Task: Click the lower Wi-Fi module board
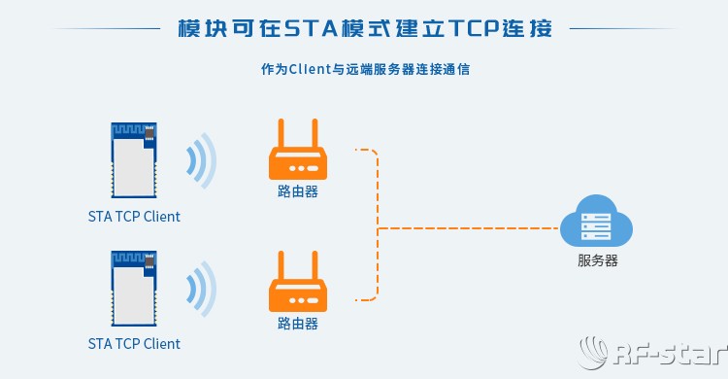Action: (133, 290)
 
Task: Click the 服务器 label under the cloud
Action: (597, 260)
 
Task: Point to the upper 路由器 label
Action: (297, 191)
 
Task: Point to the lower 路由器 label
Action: (297, 323)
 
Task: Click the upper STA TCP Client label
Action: (134, 217)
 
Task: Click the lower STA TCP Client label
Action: (134, 344)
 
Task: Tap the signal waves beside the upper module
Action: (201, 158)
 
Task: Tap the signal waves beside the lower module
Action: (201, 289)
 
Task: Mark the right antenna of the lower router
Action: (313, 264)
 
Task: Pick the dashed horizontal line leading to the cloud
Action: (466, 228)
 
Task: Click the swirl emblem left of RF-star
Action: (595, 352)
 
